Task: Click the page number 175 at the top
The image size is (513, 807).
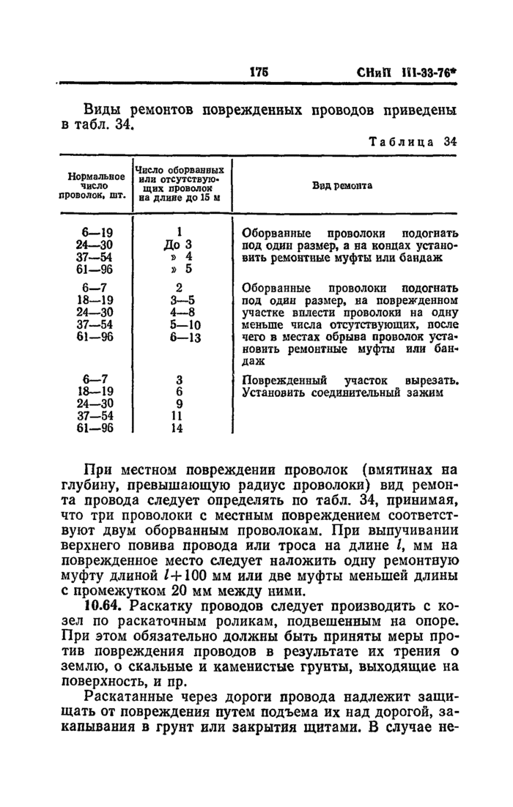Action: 258,73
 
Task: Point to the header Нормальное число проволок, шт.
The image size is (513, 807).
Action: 95,186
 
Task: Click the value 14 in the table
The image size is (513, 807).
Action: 177,429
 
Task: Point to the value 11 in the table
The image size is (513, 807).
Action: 177,416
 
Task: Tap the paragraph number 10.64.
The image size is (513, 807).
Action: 103,607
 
